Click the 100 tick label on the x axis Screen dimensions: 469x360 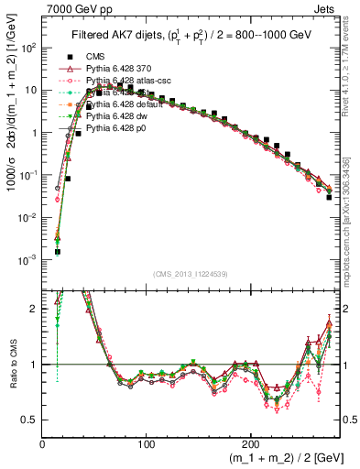click(147, 443)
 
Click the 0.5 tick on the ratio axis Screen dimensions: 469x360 click(29, 420)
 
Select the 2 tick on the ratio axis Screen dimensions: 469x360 click(35, 309)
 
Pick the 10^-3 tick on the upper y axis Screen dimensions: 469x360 click(27, 259)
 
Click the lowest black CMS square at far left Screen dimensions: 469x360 click(57, 251)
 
